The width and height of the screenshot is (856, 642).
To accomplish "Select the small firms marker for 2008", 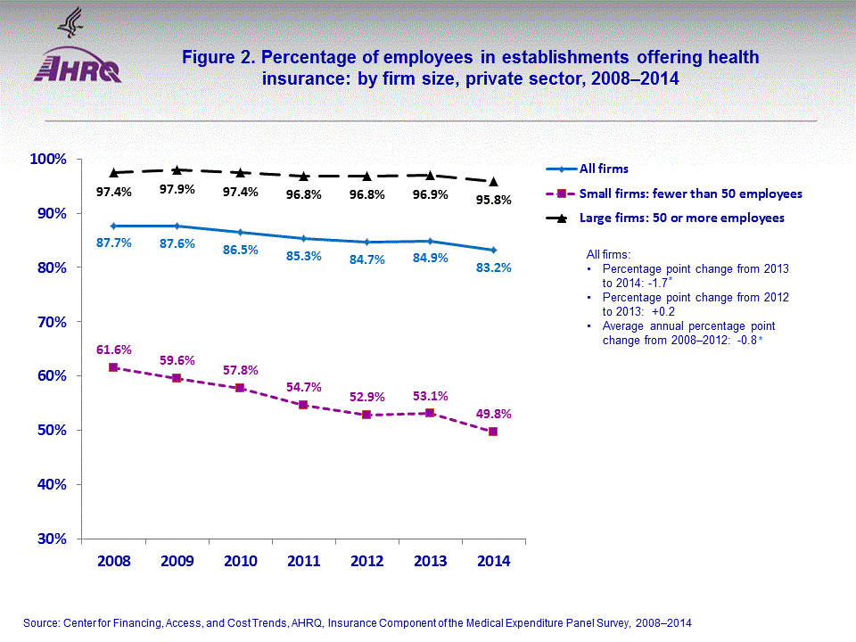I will [113, 367].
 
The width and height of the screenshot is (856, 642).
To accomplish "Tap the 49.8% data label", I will [493, 414].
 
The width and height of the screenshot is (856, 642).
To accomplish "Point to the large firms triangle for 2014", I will [493, 182].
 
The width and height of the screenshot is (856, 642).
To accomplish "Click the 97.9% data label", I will [177, 189].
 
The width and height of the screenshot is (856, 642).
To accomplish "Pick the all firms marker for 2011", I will [304, 238].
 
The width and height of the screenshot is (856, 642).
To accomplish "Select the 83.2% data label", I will [493, 267].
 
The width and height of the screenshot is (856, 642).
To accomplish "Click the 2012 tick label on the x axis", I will [367, 562].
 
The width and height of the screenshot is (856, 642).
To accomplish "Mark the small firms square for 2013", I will [430, 413].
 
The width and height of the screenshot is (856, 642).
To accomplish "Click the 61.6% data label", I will [113, 350].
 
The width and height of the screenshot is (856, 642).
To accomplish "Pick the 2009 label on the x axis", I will [177, 562].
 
